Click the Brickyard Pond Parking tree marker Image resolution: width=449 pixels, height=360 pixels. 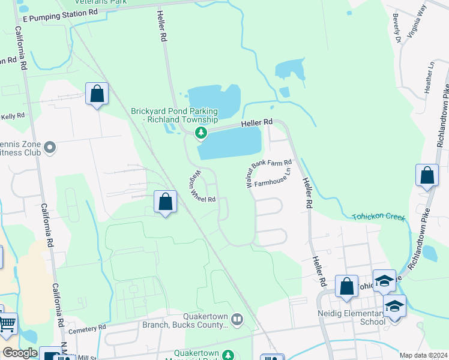(x=202, y=132)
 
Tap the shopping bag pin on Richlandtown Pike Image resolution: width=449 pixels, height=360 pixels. (x=427, y=176)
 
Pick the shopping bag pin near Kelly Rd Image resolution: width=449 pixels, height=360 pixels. (x=97, y=94)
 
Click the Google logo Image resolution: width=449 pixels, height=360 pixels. (x=19, y=353)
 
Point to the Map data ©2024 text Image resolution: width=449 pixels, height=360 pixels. (x=423, y=355)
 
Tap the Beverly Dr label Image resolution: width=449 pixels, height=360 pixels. (x=396, y=28)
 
